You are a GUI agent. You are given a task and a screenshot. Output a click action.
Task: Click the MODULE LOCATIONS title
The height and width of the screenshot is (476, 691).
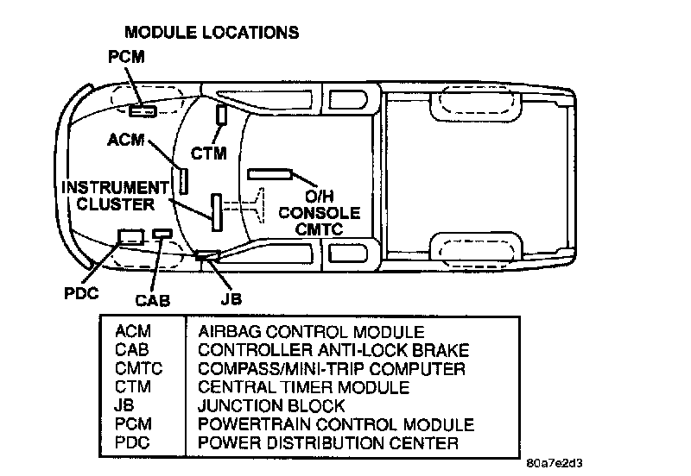point(212,33)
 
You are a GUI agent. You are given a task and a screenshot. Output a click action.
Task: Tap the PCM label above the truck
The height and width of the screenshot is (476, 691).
point(126,58)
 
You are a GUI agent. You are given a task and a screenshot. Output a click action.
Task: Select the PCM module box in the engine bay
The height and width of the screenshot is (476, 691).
point(143,110)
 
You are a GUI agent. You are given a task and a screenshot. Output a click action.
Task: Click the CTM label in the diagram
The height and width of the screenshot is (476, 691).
point(208,154)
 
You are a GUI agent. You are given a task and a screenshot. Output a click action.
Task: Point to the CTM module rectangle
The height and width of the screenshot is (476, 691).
point(221,115)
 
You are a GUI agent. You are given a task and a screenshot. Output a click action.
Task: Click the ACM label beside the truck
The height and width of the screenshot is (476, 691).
point(127,139)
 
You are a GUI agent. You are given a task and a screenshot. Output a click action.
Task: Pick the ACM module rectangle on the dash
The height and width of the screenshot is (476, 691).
point(184,180)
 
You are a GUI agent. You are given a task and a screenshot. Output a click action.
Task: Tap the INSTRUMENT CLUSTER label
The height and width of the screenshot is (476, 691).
point(115,196)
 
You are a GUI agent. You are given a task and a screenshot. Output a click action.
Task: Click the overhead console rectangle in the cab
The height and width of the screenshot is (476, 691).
point(270,174)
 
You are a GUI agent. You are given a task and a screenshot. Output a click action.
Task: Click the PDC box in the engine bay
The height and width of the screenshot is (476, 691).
point(131,235)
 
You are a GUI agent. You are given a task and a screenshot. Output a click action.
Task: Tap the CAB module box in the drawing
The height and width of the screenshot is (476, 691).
point(162,233)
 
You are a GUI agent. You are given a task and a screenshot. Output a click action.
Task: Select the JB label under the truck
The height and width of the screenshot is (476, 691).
point(230,298)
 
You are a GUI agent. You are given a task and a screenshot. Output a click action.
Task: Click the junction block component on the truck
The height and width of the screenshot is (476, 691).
point(207,254)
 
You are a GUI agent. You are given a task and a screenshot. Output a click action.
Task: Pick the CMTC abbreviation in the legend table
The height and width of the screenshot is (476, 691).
point(138,369)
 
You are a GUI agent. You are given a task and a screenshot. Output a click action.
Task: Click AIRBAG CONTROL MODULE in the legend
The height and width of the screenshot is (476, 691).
point(311,332)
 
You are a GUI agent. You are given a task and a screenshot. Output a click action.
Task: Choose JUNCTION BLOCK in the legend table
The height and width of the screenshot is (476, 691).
point(271,406)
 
